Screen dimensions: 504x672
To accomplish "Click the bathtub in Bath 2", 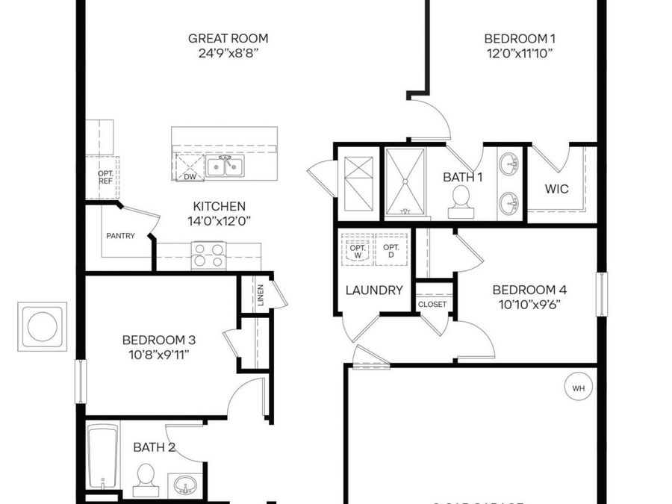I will [99, 455].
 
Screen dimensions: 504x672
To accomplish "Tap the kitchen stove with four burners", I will [208, 255].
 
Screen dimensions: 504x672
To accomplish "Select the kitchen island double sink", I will [225, 166].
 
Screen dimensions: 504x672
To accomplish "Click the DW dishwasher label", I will [190, 177].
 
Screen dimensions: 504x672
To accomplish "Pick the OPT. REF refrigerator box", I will [105, 177].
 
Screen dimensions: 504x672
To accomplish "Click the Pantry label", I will [120, 236].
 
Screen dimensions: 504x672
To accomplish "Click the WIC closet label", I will [556, 189].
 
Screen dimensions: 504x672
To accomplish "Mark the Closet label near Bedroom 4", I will [432, 304].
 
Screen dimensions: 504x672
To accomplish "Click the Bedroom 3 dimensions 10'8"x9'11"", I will [159, 353].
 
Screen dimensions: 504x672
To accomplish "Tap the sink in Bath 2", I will [183, 486].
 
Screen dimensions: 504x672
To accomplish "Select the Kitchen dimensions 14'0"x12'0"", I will [219, 220].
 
